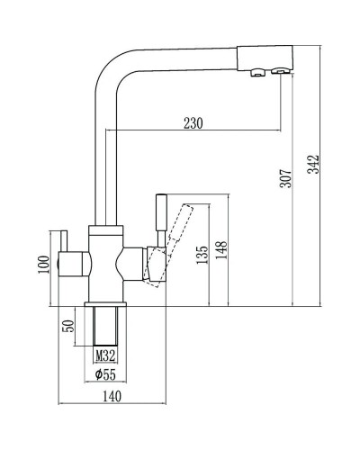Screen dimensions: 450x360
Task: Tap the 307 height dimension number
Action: click(284, 181)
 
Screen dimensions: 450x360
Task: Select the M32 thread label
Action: click(105, 355)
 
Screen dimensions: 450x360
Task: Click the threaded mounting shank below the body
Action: click(105, 324)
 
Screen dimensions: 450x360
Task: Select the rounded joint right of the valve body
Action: click(130, 265)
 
